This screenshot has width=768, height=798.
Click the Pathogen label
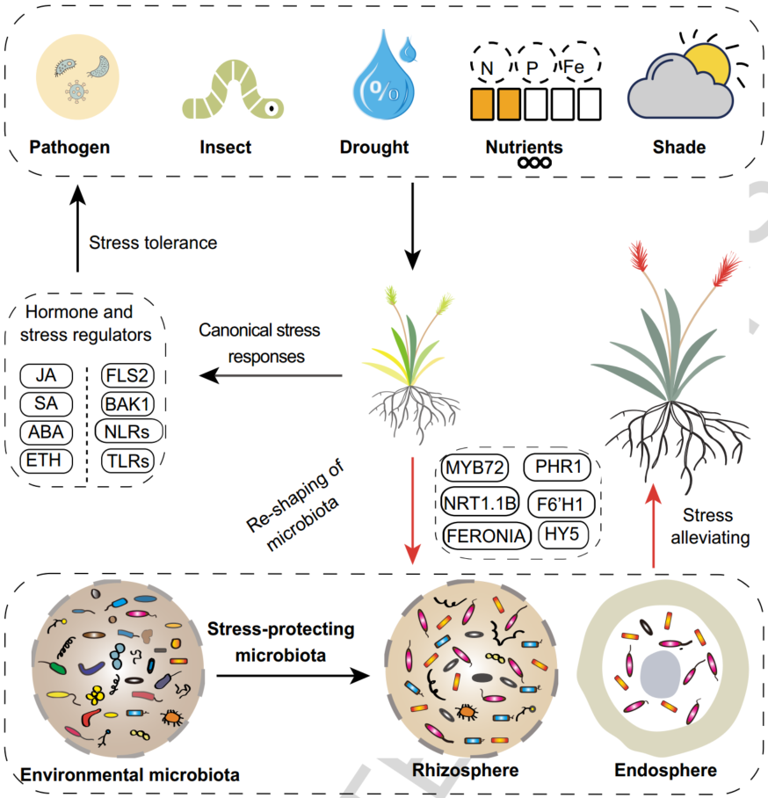tap(69, 147)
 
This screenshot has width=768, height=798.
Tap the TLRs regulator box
tap(124, 460)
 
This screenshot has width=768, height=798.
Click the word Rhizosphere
tap(465, 772)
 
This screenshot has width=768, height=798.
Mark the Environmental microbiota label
tap(130, 774)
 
